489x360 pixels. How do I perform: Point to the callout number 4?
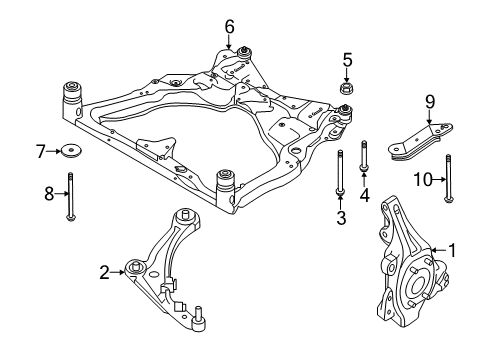364,195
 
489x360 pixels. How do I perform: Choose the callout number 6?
229,25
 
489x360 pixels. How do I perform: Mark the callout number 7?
41,152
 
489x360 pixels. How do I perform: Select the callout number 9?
430,100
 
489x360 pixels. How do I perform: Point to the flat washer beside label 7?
72,152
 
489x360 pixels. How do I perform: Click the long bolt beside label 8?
70,195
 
